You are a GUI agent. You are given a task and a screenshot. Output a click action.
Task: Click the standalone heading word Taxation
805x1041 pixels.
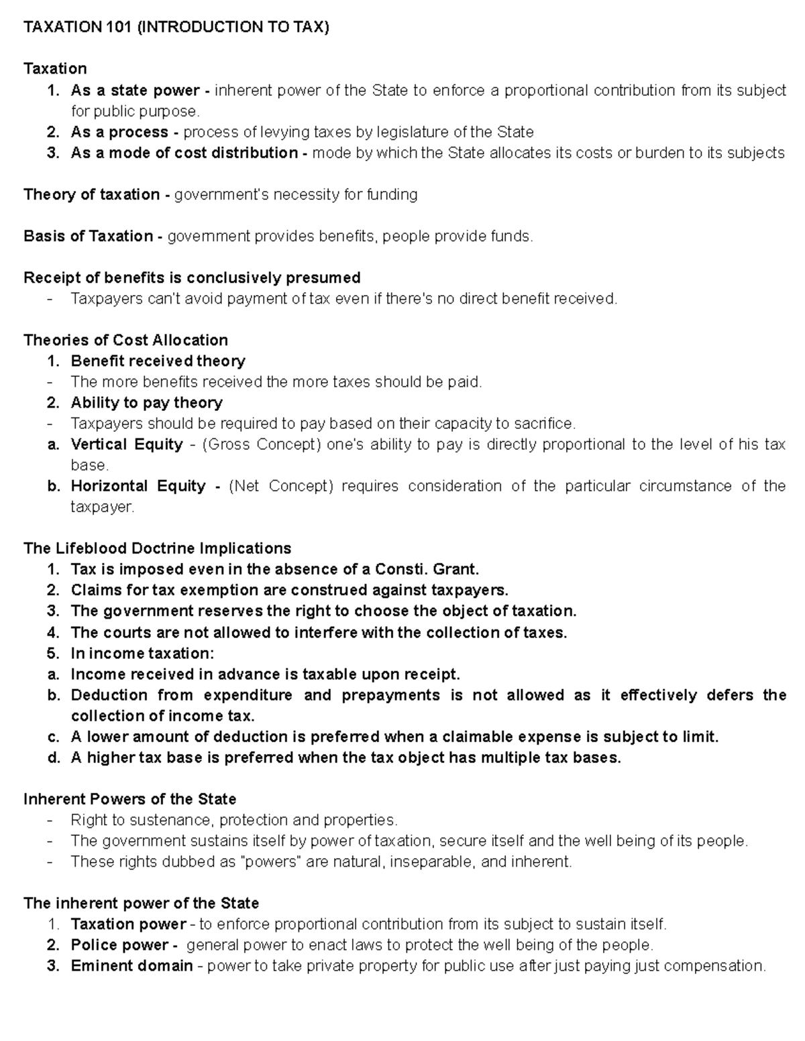[55, 69]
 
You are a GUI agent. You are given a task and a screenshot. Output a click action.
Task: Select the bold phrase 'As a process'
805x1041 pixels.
[119, 132]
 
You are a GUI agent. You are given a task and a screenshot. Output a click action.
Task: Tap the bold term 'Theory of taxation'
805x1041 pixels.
[92, 194]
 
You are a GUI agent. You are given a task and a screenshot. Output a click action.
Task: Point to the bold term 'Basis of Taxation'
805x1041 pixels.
[89, 236]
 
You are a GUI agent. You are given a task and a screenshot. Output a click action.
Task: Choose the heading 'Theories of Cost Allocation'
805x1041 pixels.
[125, 340]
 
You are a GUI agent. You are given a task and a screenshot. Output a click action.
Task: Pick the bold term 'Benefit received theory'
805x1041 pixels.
[158, 361]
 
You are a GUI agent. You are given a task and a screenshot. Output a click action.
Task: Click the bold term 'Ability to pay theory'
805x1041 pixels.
[146, 403]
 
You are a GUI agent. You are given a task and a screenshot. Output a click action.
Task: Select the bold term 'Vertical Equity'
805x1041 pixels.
[127, 444]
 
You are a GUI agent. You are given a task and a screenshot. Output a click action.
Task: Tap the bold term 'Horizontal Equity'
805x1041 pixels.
[138, 486]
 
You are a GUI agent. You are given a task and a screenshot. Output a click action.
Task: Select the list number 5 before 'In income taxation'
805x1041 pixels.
[53, 654]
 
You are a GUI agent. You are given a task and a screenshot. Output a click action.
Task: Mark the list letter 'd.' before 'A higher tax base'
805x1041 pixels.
[54, 758]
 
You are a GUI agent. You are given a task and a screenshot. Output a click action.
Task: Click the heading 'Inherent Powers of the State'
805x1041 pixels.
[129, 800]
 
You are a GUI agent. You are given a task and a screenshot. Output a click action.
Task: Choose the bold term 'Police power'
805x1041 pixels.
[119, 945]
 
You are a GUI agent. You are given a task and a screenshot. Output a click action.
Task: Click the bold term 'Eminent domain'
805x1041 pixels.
[131, 966]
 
